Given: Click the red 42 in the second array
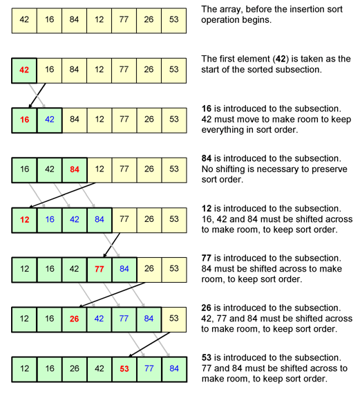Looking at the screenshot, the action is click(x=24, y=70).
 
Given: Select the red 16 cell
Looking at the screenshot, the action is click(x=24, y=120).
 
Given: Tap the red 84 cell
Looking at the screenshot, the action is click(x=75, y=169).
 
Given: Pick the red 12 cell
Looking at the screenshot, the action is click(x=24, y=220).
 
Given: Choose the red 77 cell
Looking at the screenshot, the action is click(x=100, y=270).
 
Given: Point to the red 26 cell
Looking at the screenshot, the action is click(x=75, y=319).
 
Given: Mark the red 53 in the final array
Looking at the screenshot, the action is click(x=124, y=369).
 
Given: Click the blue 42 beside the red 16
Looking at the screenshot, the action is click(x=50, y=120).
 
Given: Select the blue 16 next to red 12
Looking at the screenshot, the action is click(x=50, y=220).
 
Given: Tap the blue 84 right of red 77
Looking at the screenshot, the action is click(x=124, y=270).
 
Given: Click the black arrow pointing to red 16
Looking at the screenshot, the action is click(x=37, y=95).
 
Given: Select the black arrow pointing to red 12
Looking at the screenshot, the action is click(x=63, y=195).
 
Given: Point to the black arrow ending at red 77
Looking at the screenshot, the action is click(x=112, y=245).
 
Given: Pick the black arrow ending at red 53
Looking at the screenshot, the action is click(x=149, y=344).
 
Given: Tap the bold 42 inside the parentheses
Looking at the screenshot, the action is click(x=281, y=59).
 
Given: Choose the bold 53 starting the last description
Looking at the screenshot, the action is click(x=207, y=358).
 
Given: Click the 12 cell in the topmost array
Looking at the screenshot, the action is click(x=100, y=20).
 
